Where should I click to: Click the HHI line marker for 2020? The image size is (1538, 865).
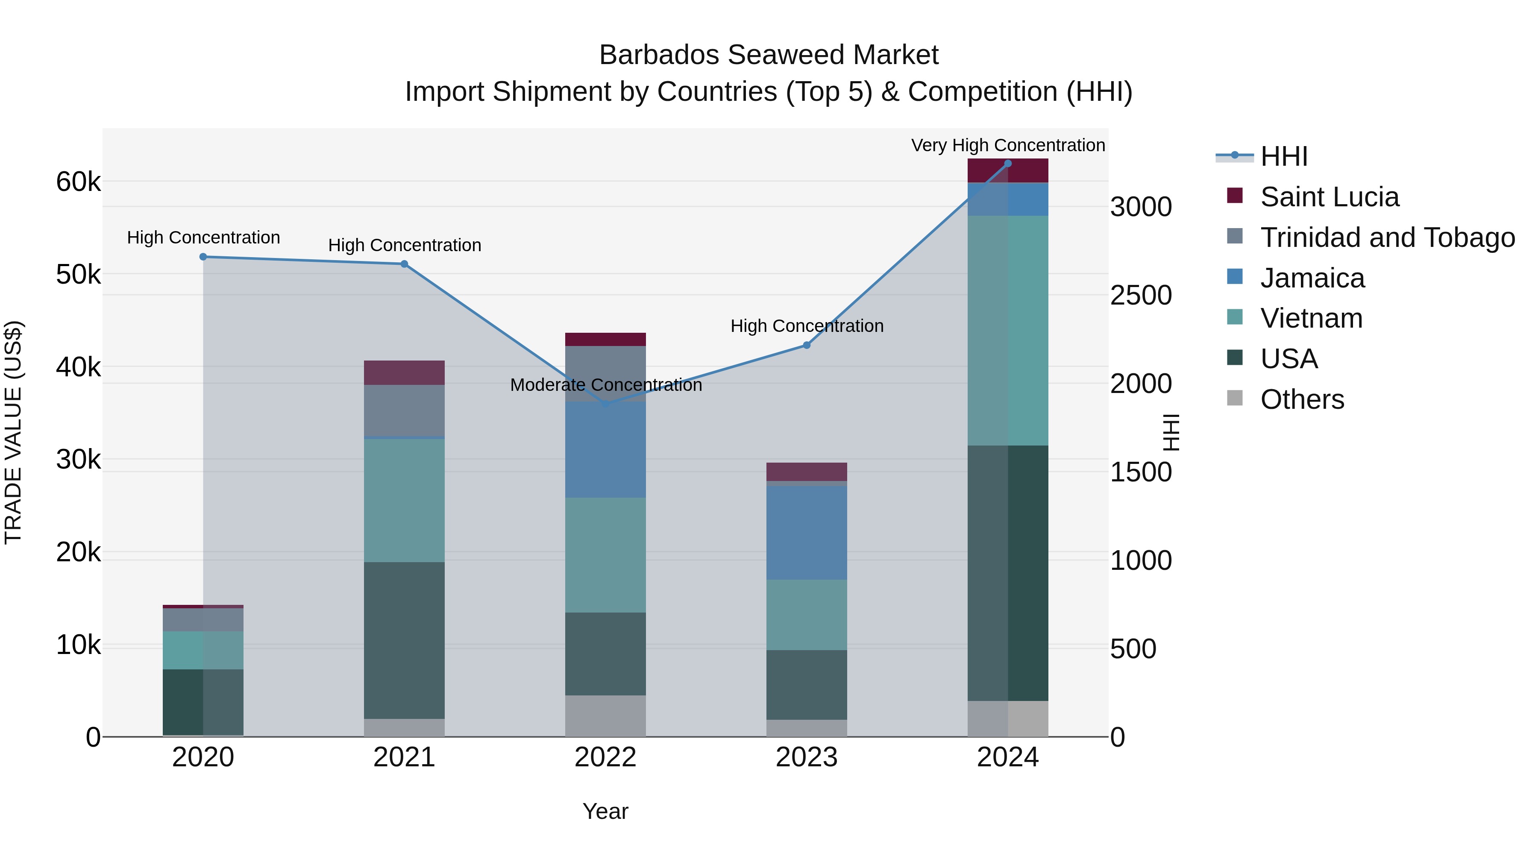pos(203,257)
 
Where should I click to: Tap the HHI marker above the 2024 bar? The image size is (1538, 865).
pos(1008,163)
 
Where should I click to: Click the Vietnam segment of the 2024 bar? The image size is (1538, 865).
pos(1008,330)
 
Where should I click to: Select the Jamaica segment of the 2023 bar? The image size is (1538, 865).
pos(807,533)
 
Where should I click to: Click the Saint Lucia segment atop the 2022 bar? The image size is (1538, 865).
pos(605,339)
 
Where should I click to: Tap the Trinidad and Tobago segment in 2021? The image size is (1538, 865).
pos(404,411)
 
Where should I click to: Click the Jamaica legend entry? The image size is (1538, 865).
pos(1312,278)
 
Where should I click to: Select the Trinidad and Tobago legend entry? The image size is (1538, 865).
pos(1387,238)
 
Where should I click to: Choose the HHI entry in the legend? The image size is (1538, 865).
pos(1284,156)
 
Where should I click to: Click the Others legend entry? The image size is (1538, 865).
pos(1302,399)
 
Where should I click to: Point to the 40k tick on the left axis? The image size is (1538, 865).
pos(78,367)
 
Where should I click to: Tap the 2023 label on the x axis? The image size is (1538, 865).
pos(807,757)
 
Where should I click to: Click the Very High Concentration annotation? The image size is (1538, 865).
pos(1008,145)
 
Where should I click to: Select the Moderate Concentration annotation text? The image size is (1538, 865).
pos(605,385)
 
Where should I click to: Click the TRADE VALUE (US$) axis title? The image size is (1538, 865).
pos(13,432)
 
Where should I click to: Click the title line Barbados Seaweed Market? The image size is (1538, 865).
pos(769,55)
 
